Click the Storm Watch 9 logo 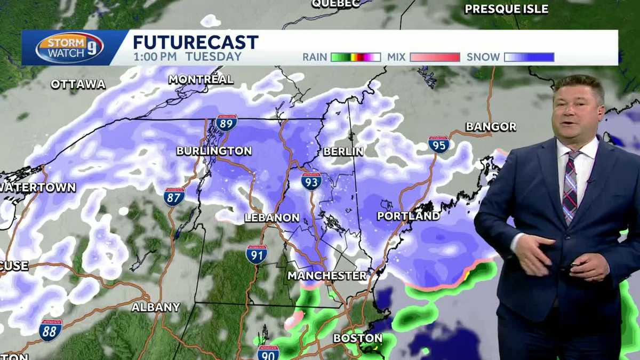click(x=70, y=48)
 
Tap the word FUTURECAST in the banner click(x=195, y=42)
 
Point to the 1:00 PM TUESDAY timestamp click(x=187, y=57)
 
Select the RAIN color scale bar click(x=355, y=57)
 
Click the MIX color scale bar click(x=435, y=57)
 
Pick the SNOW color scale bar click(x=529, y=57)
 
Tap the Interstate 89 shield click(x=227, y=123)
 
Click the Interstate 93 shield click(x=311, y=181)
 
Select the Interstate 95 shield click(x=438, y=145)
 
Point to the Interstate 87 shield click(x=174, y=196)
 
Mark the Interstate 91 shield click(x=257, y=254)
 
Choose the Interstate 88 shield click(x=50, y=330)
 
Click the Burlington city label click(x=214, y=151)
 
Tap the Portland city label click(x=409, y=216)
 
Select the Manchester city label click(x=327, y=276)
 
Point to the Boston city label click(x=358, y=338)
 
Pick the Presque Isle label click(x=506, y=9)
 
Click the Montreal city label click(x=201, y=79)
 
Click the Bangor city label click(x=491, y=127)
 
